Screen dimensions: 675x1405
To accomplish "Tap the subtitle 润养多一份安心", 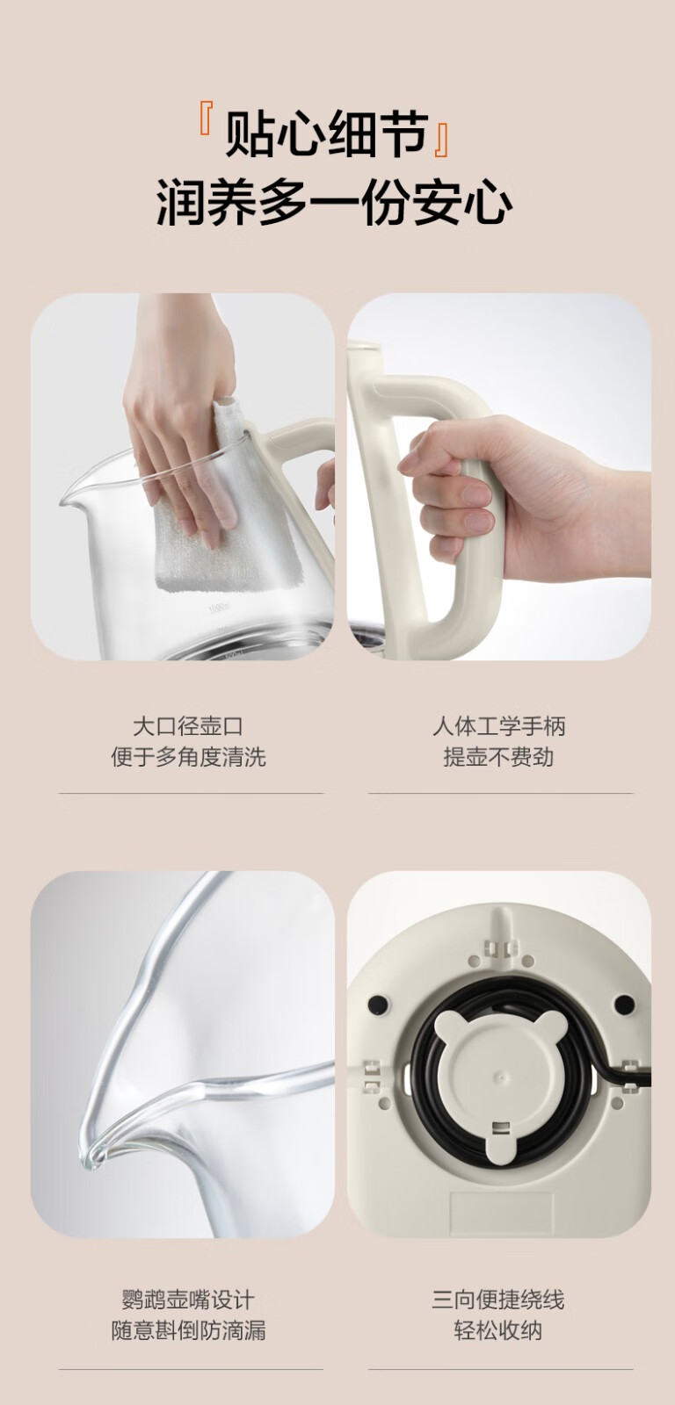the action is [x=334, y=201].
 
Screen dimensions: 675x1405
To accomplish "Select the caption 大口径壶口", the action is [x=188, y=727].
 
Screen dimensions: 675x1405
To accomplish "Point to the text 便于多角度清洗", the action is [x=188, y=757].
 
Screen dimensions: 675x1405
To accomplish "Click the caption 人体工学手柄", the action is [x=498, y=727].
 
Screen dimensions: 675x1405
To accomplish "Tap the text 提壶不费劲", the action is [x=498, y=757].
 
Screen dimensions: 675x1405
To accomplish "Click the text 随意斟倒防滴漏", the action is [x=188, y=1330].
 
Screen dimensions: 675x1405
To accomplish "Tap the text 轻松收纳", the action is [x=498, y=1330].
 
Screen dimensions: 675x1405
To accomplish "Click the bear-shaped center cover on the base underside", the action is [x=499, y=1077].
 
